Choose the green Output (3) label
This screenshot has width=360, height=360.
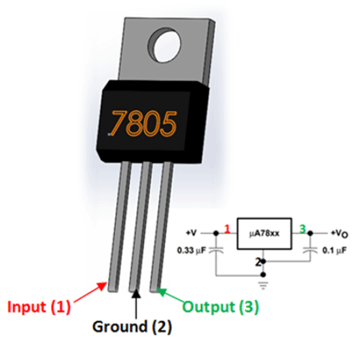point(220,306)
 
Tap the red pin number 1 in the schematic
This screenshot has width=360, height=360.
point(226,229)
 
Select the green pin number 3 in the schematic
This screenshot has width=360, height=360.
point(302,228)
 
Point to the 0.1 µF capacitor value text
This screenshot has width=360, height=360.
point(334,251)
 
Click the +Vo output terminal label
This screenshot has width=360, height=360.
point(340,232)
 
